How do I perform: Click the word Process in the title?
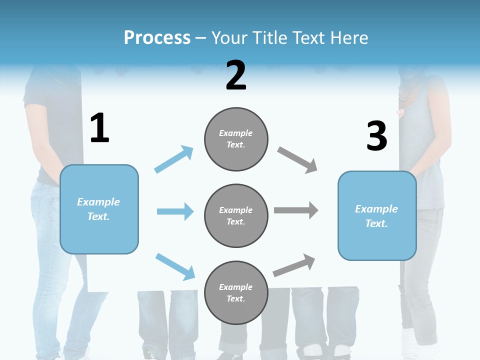pos(157,38)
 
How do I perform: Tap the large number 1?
pos(99,128)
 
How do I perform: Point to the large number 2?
pos(236,75)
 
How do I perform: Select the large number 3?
pos(376,136)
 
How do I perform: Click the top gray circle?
pos(236,139)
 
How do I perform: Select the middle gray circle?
pos(236,215)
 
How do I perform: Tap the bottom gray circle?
pos(236,292)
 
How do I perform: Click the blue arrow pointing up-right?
pos(174,159)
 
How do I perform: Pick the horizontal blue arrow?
pos(175,211)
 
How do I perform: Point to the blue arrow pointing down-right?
pos(175,266)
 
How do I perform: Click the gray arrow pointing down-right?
pos(297,160)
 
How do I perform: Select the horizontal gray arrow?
pos(296,210)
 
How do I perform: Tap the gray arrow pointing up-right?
pos(294,265)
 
